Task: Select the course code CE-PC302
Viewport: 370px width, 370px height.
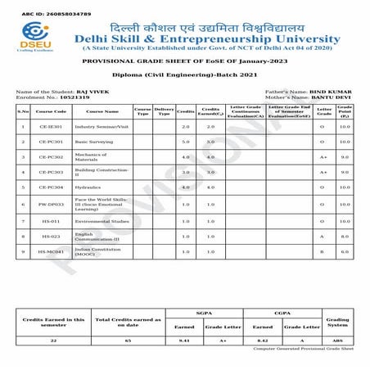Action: click(50, 156)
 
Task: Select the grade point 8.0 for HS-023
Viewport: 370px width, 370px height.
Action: click(345, 237)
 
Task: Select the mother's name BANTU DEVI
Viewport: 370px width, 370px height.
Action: click(332, 97)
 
